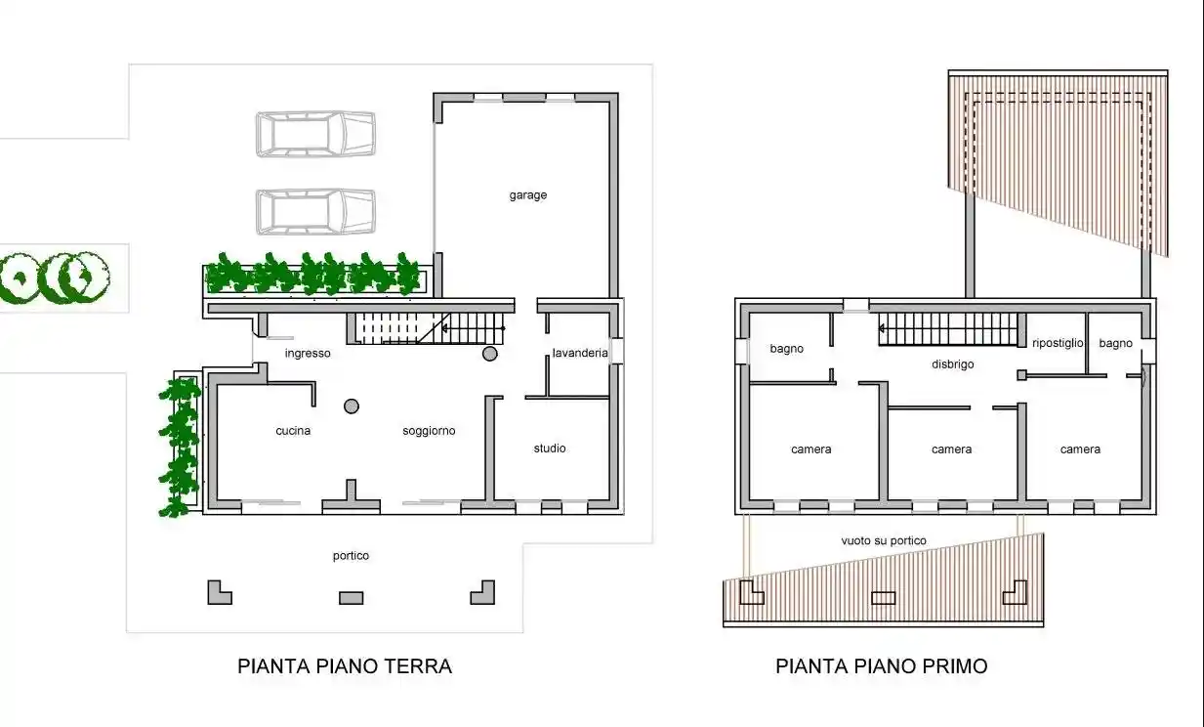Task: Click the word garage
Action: pos(527,195)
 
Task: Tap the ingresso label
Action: pos(308,353)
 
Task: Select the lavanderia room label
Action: pos(580,353)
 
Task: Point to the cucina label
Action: pos(293,431)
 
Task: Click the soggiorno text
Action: pos(429,431)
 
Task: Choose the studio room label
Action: pos(550,449)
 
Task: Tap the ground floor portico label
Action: pos(351,556)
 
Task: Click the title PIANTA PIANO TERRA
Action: pos(345,666)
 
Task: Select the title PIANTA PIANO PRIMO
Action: pos(881,666)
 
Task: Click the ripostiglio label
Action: pos(1058,343)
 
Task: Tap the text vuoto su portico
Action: pos(884,540)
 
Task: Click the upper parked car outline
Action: pos(315,134)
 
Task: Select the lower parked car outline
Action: pos(315,212)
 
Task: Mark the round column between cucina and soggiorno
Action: pos(352,406)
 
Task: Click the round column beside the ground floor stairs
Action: pos(490,353)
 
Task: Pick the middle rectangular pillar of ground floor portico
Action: pos(351,597)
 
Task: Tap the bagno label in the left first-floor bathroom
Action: pos(786,349)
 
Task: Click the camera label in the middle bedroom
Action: pos(951,449)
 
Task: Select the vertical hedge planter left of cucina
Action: pos(179,445)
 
